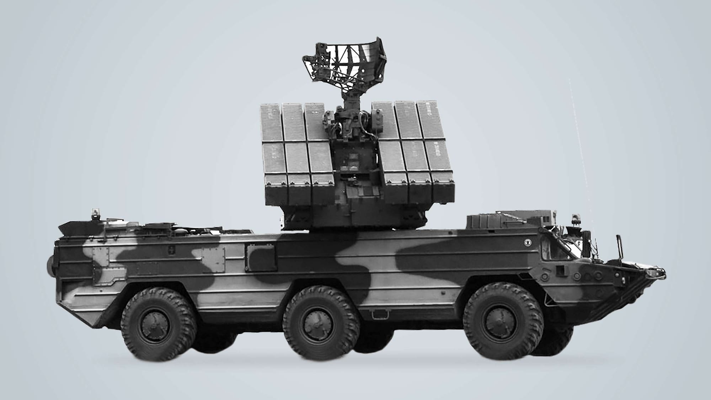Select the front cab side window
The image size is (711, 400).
click(557, 251)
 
